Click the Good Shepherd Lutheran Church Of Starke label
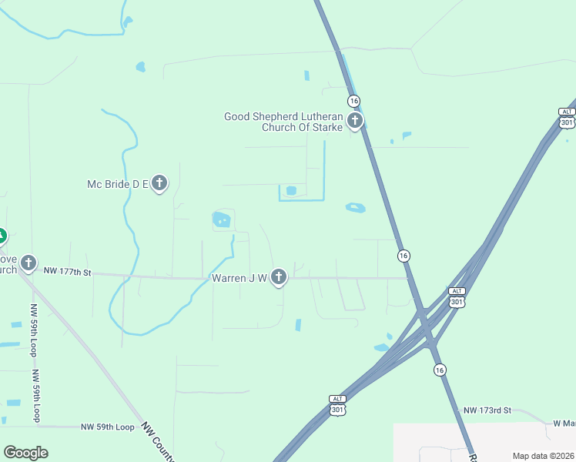pyautogui.click(x=283, y=122)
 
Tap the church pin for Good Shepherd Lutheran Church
pyautogui.click(x=354, y=120)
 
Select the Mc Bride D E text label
pyautogui.click(x=117, y=184)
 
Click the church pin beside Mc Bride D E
pyautogui.click(x=159, y=183)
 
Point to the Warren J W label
pyautogui.click(x=239, y=277)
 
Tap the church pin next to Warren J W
pyautogui.click(x=279, y=276)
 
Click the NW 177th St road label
pyautogui.click(x=68, y=272)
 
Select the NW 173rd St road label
pyautogui.click(x=487, y=410)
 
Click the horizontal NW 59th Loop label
pyautogui.click(x=108, y=427)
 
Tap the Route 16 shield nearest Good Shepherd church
pyautogui.click(x=353, y=101)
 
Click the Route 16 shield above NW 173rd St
pyautogui.click(x=439, y=370)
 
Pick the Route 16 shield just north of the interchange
pyautogui.click(x=403, y=255)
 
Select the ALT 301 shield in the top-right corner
pyautogui.click(x=567, y=118)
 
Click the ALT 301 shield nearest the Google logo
pyautogui.click(x=337, y=405)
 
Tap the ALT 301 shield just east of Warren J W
pyautogui.click(x=457, y=296)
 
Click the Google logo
pyautogui.click(x=25, y=453)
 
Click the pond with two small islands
pyautogui.click(x=223, y=220)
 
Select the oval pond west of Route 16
pyautogui.click(x=355, y=207)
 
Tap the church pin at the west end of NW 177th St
pyautogui.click(x=28, y=263)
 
